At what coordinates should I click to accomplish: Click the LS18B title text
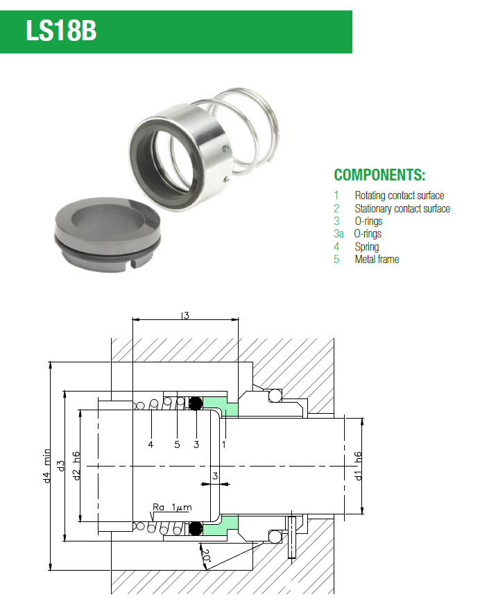point(61,31)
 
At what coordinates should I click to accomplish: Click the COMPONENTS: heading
point(379,175)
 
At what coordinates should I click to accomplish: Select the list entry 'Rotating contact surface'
point(399,195)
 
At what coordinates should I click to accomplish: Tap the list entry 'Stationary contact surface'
point(402,208)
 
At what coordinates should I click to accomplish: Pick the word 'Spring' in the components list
point(367,246)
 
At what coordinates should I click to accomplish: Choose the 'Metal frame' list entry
point(377,259)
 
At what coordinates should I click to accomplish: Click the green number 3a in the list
point(338,233)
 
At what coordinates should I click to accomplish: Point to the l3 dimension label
point(185,314)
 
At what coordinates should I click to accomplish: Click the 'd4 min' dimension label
point(47,466)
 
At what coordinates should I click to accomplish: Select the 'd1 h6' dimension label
point(358,466)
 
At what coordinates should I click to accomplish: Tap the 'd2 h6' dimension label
point(76,466)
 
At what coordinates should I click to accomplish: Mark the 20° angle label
point(206,556)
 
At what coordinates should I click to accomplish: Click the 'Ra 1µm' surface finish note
point(172,507)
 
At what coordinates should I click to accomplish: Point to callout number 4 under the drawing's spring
point(151,444)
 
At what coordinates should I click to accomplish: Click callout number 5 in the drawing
point(177,444)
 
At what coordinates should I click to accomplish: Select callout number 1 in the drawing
point(224,444)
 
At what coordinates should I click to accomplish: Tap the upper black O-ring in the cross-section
point(196,403)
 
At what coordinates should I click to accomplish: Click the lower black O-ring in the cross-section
point(196,528)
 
